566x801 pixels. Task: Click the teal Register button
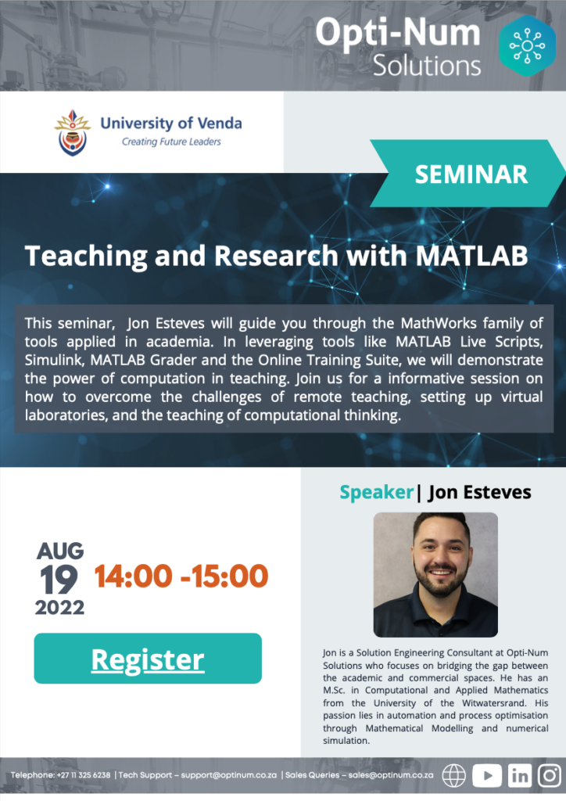point(148,658)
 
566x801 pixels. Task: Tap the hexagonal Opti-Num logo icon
point(527,45)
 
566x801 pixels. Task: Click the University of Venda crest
point(73,132)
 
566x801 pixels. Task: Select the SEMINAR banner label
point(471,174)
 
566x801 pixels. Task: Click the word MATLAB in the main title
point(471,256)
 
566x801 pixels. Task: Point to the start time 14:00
point(133,577)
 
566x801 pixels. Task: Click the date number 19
point(59,580)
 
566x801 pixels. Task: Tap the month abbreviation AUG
point(59,551)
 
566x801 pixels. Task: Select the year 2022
point(59,607)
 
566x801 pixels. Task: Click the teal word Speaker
point(377,493)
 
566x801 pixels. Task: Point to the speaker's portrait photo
point(435,575)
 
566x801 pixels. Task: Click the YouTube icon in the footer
point(487,775)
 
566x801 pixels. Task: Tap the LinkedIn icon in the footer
point(520,775)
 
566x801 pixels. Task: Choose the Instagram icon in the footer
point(550,775)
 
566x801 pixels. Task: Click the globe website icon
point(453,775)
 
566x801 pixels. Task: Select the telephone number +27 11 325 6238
point(83,775)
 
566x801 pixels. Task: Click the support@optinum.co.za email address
point(228,775)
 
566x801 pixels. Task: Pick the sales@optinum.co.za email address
point(390,775)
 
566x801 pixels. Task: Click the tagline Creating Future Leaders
point(171,142)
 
